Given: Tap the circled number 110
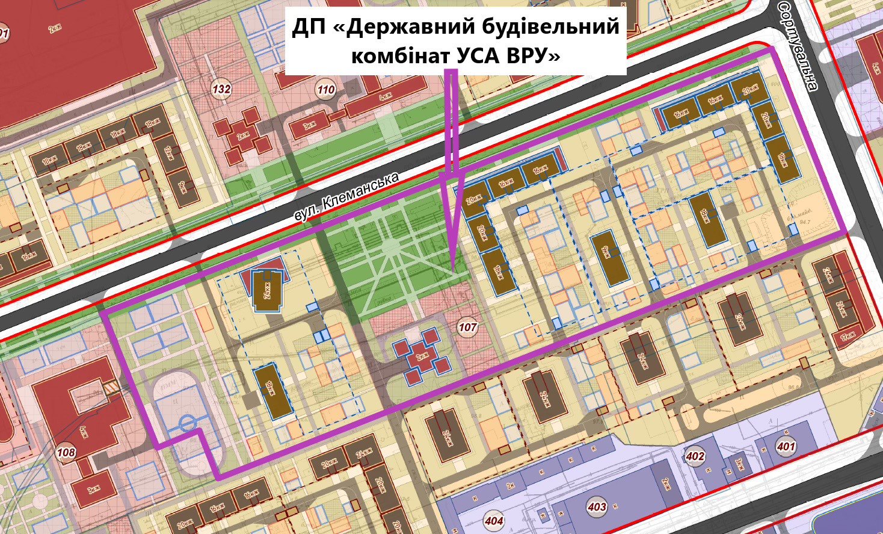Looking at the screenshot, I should coord(325,90).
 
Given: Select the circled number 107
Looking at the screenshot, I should coord(467,328).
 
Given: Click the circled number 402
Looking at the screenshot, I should coord(695,456).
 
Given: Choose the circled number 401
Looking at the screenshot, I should coord(786,447).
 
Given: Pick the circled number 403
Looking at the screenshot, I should coord(597,507).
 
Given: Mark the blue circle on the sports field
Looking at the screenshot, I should coord(187,422).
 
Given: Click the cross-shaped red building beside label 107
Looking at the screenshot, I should coord(423,355).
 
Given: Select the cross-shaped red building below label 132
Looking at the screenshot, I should coord(244,135).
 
